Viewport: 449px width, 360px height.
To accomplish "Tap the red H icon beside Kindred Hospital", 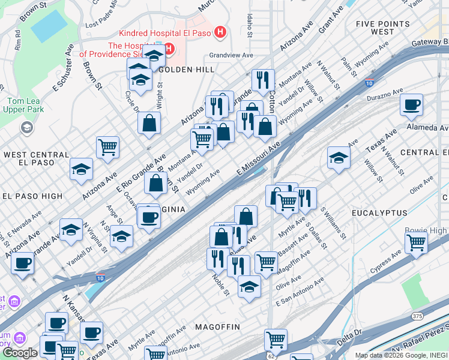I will (220, 32).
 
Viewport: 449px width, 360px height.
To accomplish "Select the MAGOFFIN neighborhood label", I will (217, 327).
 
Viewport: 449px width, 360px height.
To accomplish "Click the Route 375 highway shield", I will (417, 316).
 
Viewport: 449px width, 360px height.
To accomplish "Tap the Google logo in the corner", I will (20, 353).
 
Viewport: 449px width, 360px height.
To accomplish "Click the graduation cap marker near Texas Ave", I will (339, 157).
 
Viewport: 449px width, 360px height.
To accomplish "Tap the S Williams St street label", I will (334, 223).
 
